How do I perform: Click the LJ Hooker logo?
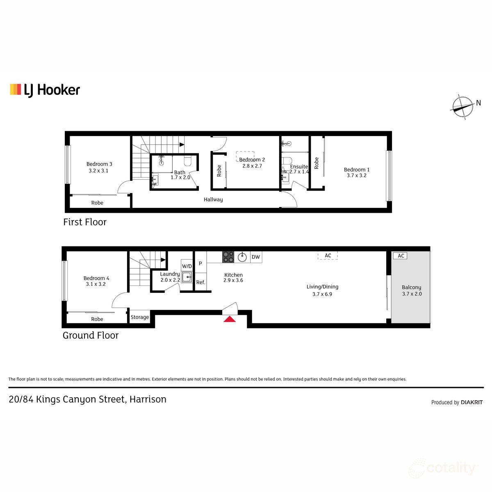pos(45,90)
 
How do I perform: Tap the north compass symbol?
pos(463,107)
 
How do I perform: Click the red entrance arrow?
pos(230,319)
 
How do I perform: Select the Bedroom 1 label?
pos(357,170)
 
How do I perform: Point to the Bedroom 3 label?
pos(99,164)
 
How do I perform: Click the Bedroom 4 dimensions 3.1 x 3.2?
pos(96,284)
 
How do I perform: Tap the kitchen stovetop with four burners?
pos(228,257)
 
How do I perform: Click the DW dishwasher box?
pos(256,257)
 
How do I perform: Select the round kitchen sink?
pos(242,257)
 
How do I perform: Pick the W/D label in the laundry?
pos(187,266)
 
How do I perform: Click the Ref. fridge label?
pos(200,282)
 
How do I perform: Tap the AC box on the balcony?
pos(401,256)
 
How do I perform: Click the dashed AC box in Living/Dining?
pos(328,255)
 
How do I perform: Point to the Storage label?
pos(140,317)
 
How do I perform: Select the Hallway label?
pos(213,200)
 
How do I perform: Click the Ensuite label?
pos(299,166)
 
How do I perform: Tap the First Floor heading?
pos(85,222)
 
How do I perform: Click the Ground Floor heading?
pos(91,335)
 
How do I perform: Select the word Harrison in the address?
pos(148,399)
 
